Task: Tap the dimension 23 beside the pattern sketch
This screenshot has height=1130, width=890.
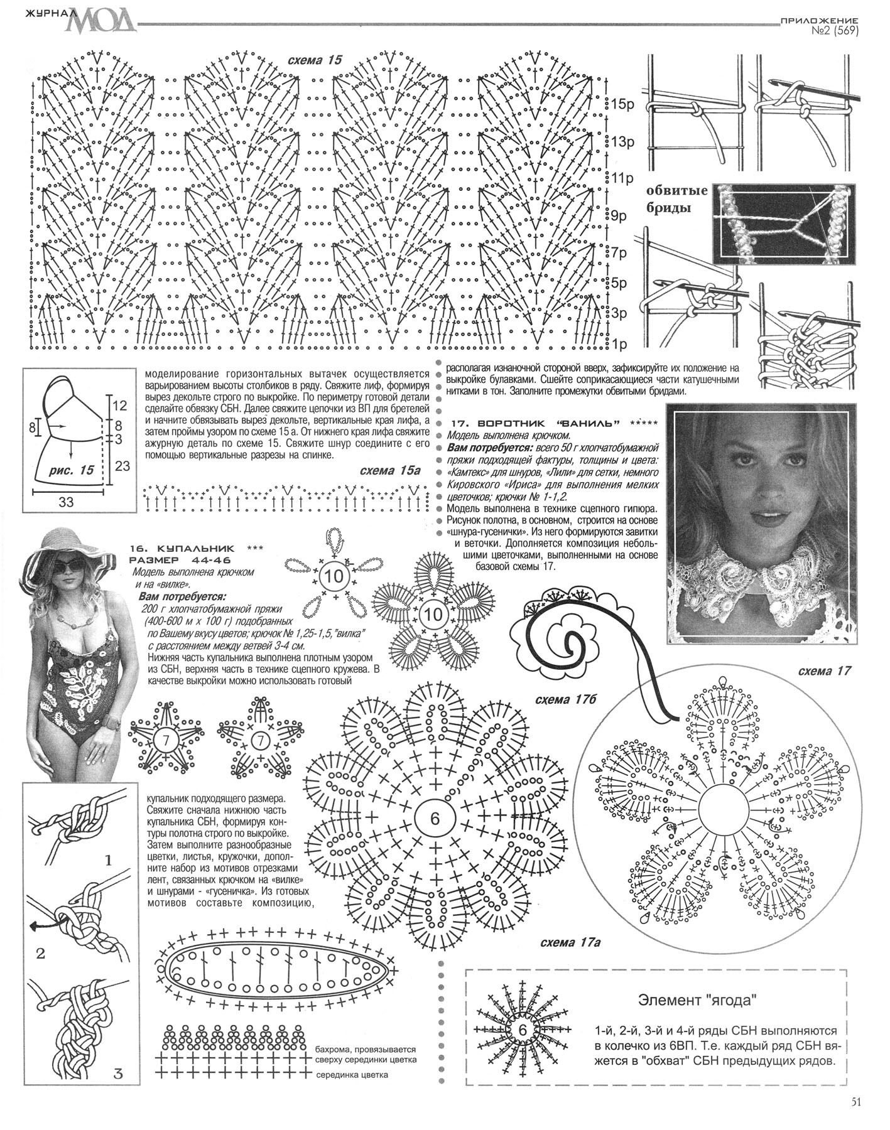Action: [123, 466]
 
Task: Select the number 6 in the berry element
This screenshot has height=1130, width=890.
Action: [523, 1030]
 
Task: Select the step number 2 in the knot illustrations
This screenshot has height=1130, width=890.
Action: [40, 954]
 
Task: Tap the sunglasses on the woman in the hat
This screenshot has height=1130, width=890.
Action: [68, 566]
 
